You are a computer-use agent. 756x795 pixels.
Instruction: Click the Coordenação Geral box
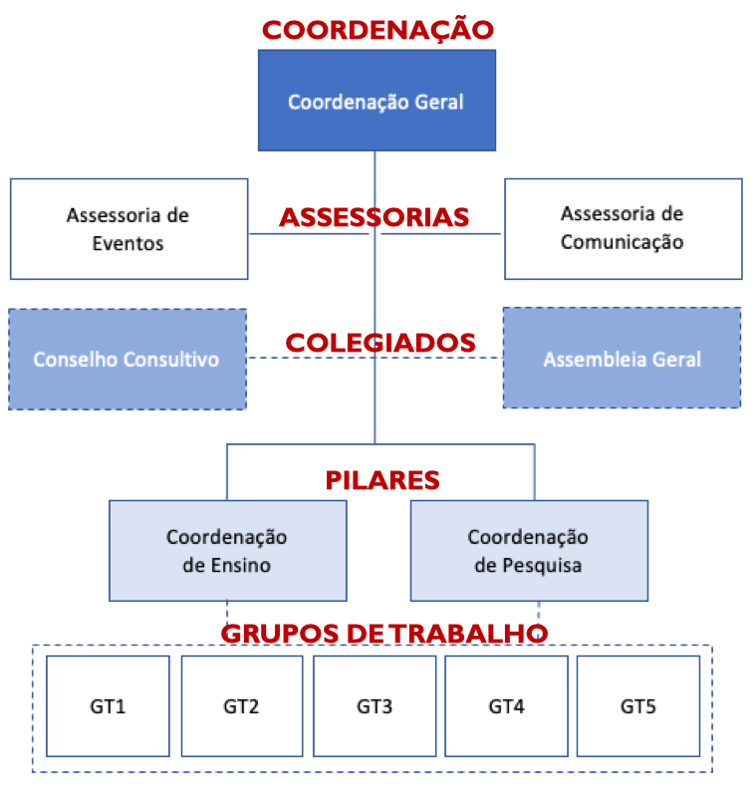376,101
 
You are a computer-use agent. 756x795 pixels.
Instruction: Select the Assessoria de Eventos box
128,228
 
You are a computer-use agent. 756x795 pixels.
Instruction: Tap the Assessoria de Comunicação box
623,228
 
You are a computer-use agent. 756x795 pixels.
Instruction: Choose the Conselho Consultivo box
126,359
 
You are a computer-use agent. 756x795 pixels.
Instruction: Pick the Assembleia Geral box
622,359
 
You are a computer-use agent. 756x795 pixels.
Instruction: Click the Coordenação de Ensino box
227,550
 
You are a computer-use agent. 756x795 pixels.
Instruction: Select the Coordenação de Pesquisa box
529,550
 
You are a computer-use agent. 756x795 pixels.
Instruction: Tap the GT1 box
108,706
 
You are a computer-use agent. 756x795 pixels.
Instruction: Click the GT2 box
241,706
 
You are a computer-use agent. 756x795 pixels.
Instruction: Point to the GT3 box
375,706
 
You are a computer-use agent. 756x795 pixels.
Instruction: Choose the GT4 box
506,706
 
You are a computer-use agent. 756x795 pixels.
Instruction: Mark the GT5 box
638,706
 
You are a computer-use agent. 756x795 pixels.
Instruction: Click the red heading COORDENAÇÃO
378,30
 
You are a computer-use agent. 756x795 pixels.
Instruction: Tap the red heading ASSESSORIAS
374,217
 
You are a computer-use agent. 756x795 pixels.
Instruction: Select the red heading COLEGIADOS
379,343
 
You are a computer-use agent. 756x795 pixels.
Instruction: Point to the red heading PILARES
382,480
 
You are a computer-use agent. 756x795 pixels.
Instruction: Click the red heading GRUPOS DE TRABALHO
383,634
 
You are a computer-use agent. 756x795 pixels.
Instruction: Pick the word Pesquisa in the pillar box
543,565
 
